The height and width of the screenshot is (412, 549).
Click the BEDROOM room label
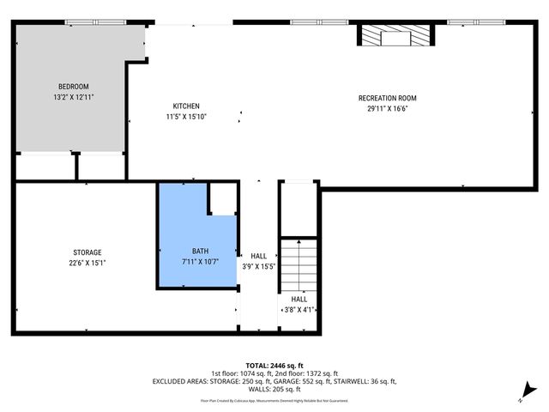click(73, 87)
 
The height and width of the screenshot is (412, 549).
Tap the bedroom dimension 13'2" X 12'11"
click(73, 97)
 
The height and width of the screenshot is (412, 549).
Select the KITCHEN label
click(185, 106)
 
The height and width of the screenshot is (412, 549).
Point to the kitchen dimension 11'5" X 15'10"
click(185, 116)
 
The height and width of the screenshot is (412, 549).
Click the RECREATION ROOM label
click(387, 99)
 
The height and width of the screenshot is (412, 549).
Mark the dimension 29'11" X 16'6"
click(387, 109)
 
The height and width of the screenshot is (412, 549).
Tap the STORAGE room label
click(87, 252)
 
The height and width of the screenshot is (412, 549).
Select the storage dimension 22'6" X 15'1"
click(87, 263)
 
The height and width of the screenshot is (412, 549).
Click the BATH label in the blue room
click(200, 251)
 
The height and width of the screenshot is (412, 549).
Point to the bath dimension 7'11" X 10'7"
click(200, 262)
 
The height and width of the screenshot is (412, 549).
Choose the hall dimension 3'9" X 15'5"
click(259, 267)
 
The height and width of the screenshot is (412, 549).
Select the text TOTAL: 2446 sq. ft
click(274, 365)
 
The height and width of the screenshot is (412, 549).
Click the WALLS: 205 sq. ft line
click(274, 389)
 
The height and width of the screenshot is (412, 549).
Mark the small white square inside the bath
click(224, 200)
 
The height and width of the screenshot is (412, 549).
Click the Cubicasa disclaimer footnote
click(274, 400)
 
